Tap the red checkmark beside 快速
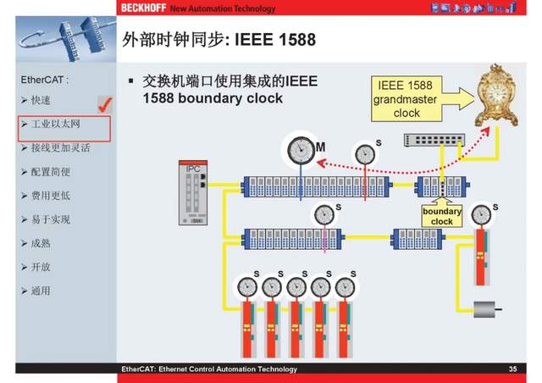106,103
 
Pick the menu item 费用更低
50,196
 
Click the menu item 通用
40,291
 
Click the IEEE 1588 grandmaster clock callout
406,99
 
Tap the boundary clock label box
442,216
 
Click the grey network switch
434,142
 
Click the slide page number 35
512,369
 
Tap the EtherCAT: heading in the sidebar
44,80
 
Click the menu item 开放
40,267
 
